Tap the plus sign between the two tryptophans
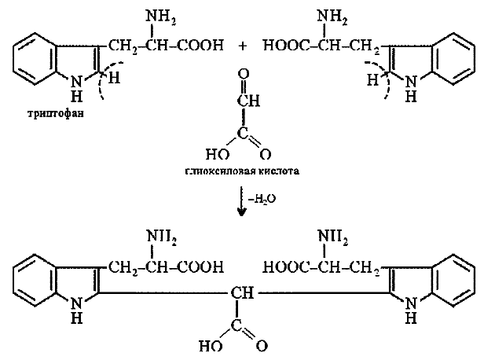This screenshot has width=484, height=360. (243, 46)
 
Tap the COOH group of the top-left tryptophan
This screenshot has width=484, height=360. (202, 46)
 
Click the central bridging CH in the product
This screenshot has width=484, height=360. (240, 294)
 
